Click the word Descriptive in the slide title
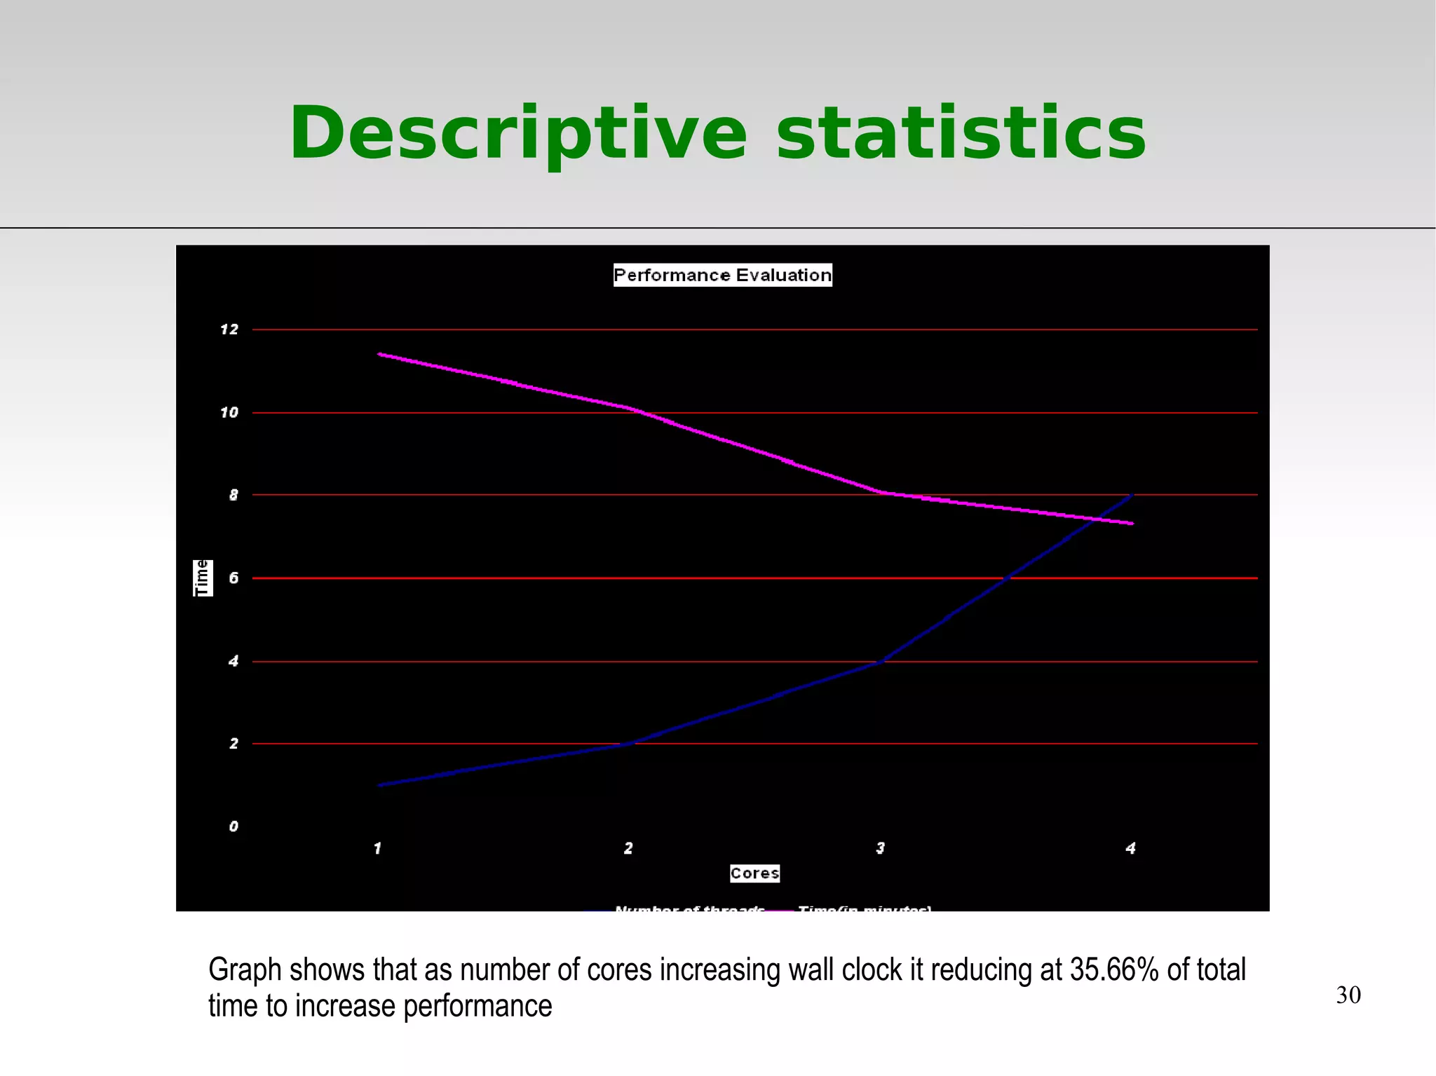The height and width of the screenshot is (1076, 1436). pyautogui.click(x=518, y=133)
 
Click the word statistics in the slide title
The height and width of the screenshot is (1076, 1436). pyautogui.click(x=961, y=133)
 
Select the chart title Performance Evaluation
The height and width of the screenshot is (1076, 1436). pyautogui.click(x=722, y=275)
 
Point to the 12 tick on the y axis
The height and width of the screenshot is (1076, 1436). pyautogui.click(x=229, y=329)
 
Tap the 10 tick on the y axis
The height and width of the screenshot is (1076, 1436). pyautogui.click(x=229, y=412)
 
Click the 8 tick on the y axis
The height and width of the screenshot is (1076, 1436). pyautogui.click(x=233, y=495)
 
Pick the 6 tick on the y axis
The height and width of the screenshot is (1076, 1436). pyautogui.click(x=233, y=578)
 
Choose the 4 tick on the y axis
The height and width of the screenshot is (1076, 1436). pyautogui.click(x=233, y=661)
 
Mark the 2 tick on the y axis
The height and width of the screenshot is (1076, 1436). pyautogui.click(x=233, y=743)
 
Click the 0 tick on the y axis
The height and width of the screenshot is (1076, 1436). pyautogui.click(x=233, y=826)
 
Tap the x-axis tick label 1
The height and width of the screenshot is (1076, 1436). pyautogui.click(x=377, y=848)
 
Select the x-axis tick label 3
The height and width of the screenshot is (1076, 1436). pyautogui.click(x=880, y=848)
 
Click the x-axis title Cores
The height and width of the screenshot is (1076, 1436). pyautogui.click(x=754, y=873)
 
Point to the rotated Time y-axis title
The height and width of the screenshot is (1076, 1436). pyautogui.click(x=203, y=578)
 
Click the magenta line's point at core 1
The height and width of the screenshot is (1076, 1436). pyautogui.click(x=379, y=354)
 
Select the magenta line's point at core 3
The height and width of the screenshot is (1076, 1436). pyautogui.click(x=881, y=492)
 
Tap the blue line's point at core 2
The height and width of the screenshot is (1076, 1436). pyautogui.click(x=629, y=744)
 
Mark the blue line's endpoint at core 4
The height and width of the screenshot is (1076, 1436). pyautogui.click(x=1132, y=495)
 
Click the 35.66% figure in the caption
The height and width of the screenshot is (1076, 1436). pyautogui.click(x=1113, y=969)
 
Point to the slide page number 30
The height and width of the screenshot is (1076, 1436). pyautogui.click(x=1348, y=995)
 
